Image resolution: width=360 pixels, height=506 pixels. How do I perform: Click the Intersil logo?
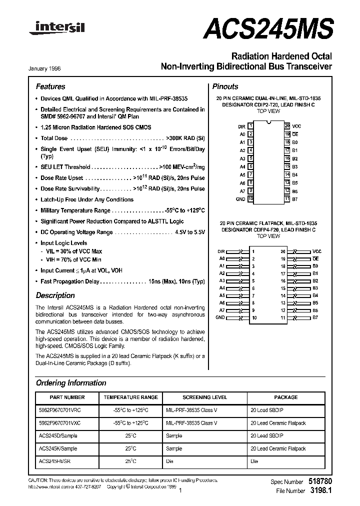pyautogui.click(x=57, y=29)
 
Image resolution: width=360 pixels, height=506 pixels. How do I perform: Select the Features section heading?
pyautogui.click(x=50, y=86)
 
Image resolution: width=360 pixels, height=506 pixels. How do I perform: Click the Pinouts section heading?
pyautogui.click(x=225, y=86)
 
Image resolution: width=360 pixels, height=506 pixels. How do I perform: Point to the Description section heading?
pyautogui.click(x=55, y=295)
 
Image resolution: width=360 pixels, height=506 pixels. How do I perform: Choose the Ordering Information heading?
pyautogui.click(x=71, y=383)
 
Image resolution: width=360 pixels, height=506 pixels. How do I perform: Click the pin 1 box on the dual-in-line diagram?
pyautogui.click(x=250, y=126)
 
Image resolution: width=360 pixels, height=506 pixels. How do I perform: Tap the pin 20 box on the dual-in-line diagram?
pyautogui.click(x=287, y=126)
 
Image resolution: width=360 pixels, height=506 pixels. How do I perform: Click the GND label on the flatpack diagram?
pyautogui.click(x=220, y=317)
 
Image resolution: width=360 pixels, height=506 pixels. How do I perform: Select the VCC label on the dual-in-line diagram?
pyautogui.click(x=296, y=126)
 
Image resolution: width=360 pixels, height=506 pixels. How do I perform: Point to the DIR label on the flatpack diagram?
pyautogui.click(x=221, y=251)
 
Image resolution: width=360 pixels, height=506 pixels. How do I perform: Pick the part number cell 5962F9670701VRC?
pyautogui.click(x=59, y=410)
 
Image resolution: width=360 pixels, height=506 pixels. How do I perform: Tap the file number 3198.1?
pyautogui.click(x=321, y=491)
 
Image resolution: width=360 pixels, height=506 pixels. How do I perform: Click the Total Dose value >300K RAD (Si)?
pyautogui.click(x=185, y=138)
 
